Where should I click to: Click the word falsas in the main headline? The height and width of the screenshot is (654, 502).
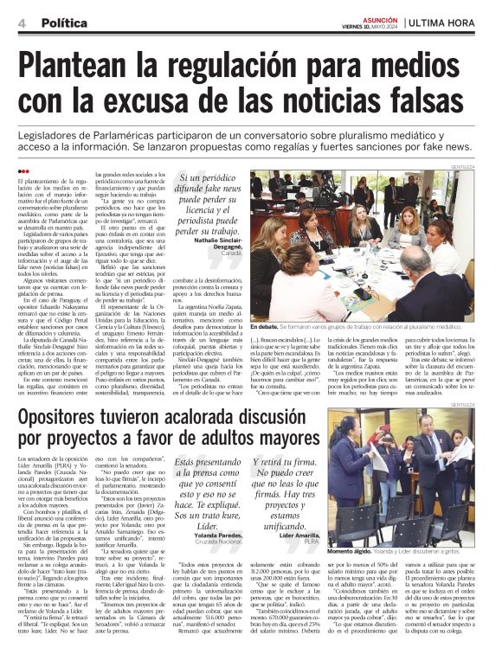click(x=422, y=103)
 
